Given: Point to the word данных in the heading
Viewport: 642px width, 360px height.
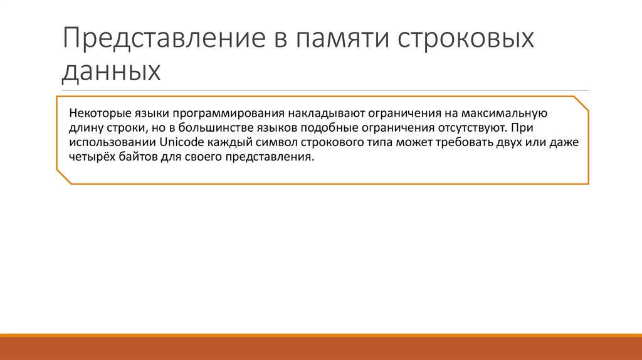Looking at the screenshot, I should [111, 71].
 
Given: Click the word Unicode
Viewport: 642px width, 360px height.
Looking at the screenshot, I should [182, 143].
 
